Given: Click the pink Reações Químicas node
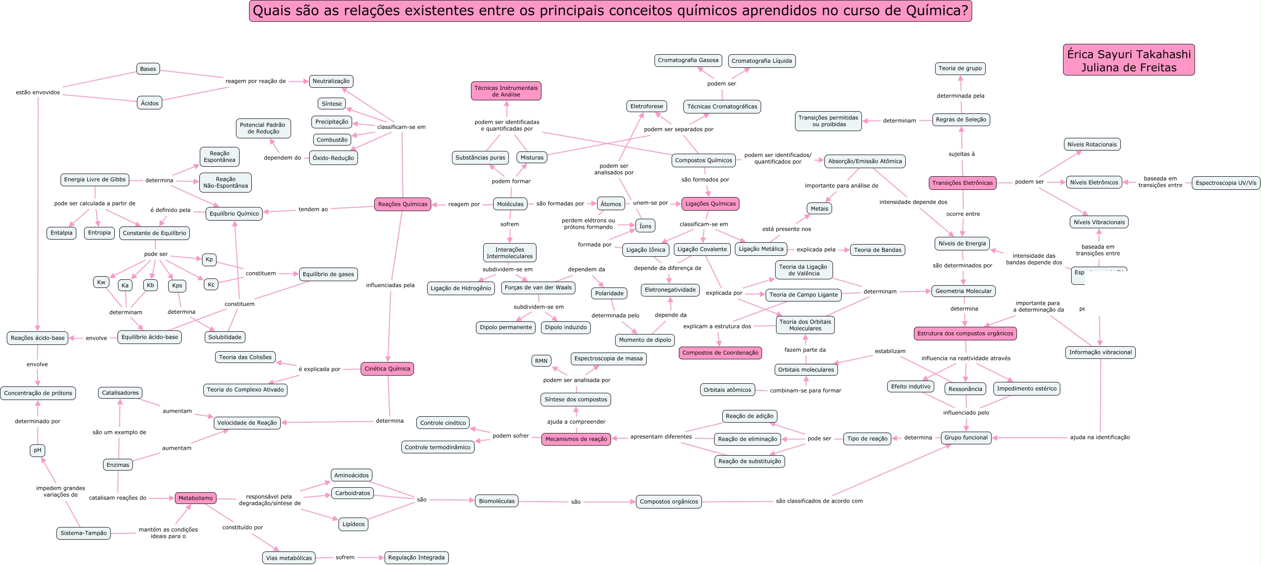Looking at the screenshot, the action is tap(402, 204).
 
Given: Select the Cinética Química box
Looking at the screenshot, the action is tap(387, 369).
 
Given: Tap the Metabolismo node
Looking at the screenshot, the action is tap(195, 498).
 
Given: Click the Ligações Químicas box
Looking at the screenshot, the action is tap(710, 204).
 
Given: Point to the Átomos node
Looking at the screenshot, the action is tap(611, 204).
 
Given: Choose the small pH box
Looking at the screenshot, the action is tap(38, 450).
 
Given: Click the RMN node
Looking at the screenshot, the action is tap(541, 361).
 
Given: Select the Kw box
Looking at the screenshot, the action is tap(101, 282).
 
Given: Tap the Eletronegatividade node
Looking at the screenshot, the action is tap(670, 290).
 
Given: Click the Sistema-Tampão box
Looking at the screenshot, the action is tap(83, 533).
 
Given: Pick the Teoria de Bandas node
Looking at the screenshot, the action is tap(877, 250).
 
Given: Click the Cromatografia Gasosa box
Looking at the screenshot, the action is tap(688, 60).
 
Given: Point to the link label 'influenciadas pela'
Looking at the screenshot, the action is tap(390, 285).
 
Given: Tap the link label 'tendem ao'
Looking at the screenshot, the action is tap(313, 209).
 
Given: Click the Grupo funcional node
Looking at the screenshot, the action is tap(965, 438).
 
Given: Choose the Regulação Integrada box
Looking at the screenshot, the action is tap(416, 557).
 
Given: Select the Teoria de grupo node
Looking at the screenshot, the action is tap(960, 69).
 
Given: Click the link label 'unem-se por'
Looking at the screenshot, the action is tap(650, 202).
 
